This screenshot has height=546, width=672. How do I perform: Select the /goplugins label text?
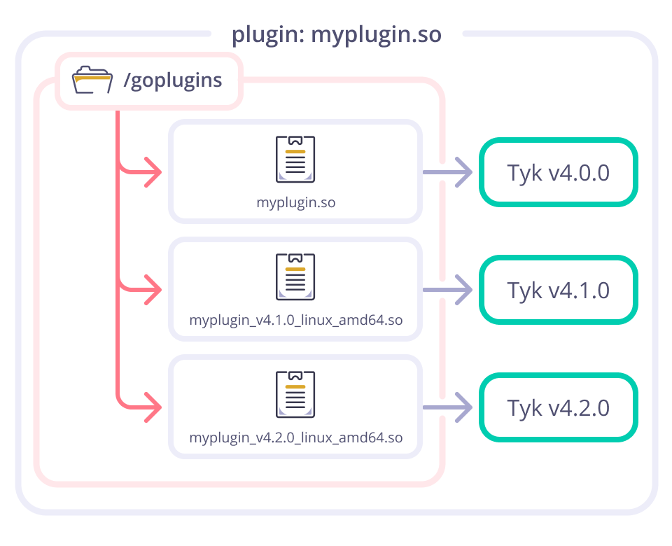172,80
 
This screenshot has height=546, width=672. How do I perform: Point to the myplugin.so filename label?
295,203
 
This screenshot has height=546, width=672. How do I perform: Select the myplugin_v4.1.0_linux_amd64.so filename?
295,321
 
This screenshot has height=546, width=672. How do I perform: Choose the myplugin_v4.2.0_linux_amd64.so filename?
295,439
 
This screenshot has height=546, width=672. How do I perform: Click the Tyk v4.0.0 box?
558,172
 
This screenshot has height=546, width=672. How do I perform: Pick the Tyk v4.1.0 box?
558,290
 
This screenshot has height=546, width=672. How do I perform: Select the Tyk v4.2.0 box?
558,407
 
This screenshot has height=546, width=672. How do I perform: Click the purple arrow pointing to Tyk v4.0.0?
448,172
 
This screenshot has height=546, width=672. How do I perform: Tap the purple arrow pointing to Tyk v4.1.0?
448,290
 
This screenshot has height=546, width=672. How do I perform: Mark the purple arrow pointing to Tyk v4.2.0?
448,407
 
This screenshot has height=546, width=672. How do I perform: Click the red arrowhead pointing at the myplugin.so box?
153,172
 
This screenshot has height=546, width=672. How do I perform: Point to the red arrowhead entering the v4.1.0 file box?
153,290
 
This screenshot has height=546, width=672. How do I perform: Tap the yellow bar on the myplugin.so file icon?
295,151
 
